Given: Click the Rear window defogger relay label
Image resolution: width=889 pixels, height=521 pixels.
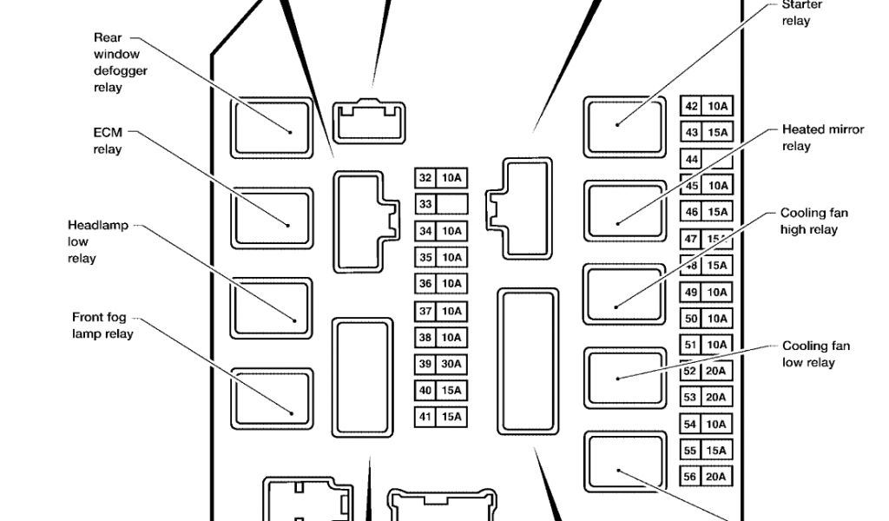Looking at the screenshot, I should tap(120, 63).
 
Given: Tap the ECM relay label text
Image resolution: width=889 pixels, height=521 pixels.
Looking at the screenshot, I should tap(108, 141).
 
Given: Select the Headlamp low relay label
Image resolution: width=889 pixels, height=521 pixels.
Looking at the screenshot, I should tap(97, 241).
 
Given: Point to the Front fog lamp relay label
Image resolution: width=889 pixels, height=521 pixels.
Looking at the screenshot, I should tap(102, 326).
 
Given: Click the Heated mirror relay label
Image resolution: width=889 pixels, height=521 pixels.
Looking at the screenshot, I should tap(822, 137).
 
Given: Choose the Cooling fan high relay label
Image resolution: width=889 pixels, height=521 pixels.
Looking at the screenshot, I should tap(813, 221).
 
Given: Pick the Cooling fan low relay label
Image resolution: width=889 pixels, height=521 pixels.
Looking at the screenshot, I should tap(815, 354).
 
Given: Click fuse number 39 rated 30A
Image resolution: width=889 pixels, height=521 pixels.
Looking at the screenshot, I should tap(441, 365).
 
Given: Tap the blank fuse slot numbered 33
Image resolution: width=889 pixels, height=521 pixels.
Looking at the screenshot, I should tap(441, 204).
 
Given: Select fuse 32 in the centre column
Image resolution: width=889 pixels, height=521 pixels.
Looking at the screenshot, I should tap(441, 178).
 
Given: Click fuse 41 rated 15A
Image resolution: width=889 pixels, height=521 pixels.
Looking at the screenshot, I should tap(441, 418).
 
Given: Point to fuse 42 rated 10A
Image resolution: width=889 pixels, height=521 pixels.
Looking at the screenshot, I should tap(706, 107).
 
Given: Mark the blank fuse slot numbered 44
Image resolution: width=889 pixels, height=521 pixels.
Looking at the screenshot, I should tap(706, 160).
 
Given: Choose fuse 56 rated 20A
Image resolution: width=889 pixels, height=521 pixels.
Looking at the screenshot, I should tap(706, 478).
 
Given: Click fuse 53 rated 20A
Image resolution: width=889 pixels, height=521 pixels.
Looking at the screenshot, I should tap(706, 398).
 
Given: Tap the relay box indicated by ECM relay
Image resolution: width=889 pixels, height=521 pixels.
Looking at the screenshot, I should tap(272, 217).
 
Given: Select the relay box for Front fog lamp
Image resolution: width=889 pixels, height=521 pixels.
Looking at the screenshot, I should tap(272, 398).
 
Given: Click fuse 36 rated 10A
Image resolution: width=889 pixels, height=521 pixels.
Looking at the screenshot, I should tap(441, 284).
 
